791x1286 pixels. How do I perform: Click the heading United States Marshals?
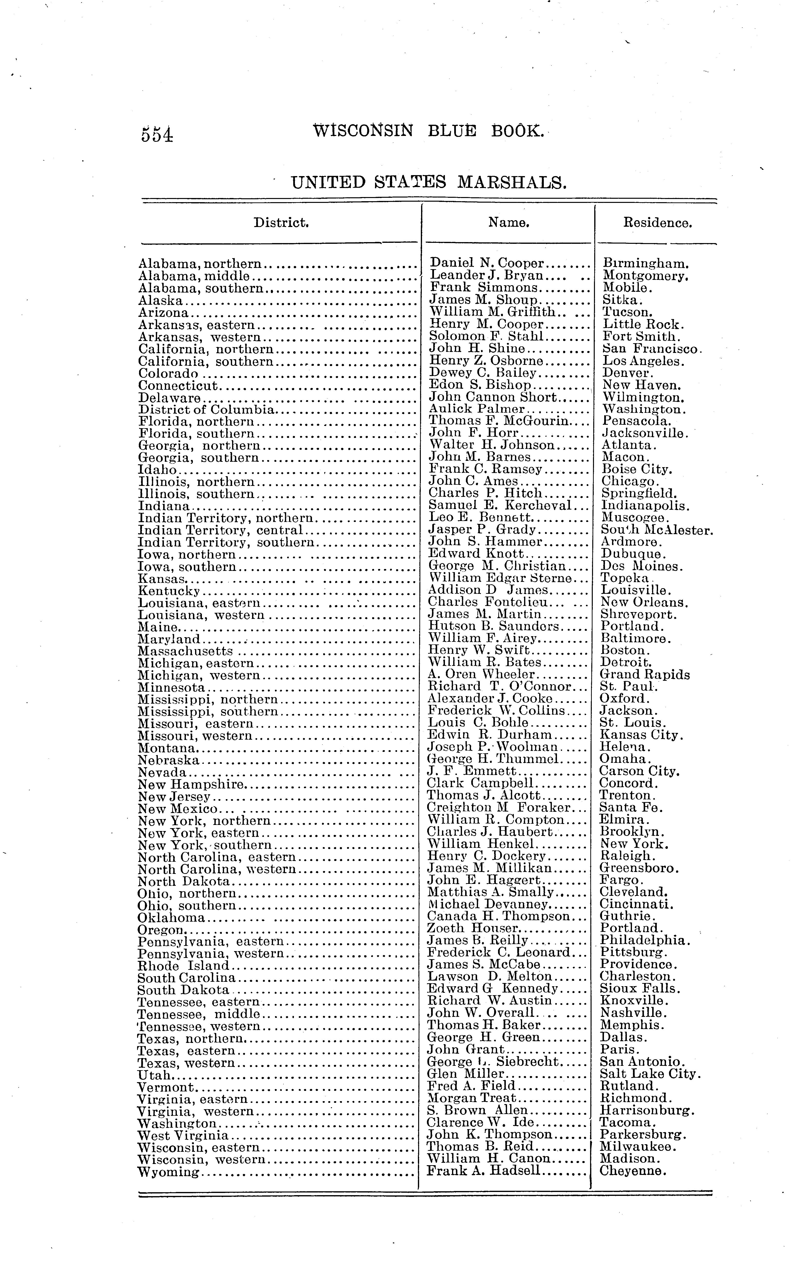pyautogui.click(x=428, y=183)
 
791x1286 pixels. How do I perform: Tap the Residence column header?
pyautogui.click(x=658, y=223)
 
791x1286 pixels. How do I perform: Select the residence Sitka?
pyautogui.click(x=621, y=300)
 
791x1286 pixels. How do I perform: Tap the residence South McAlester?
pyautogui.click(x=657, y=530)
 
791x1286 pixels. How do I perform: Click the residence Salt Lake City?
pyautogui.click(x=650, y=1074)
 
